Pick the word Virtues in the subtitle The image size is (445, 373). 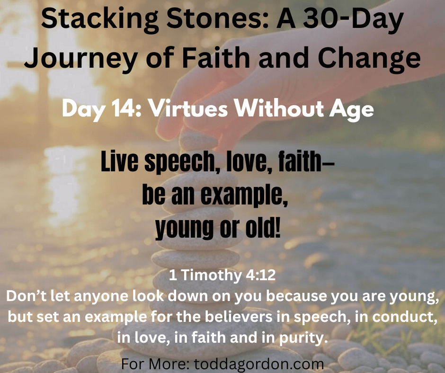pos(188,109)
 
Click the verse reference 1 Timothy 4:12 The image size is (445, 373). pos(222,275)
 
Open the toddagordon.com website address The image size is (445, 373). pos(259,364)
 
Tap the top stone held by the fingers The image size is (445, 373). pos(198,141)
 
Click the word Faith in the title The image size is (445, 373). pos(216,58)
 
